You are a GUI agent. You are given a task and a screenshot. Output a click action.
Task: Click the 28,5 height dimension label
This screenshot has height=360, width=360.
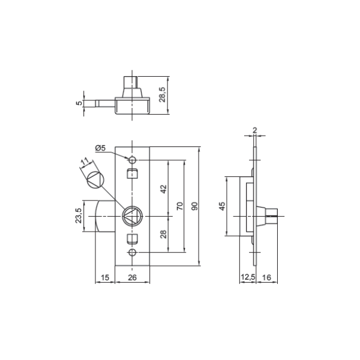[163, 94]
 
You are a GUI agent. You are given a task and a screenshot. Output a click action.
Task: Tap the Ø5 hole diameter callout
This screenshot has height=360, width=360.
[100, 148]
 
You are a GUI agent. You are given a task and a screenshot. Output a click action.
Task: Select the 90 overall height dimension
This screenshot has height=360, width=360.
[194, 206]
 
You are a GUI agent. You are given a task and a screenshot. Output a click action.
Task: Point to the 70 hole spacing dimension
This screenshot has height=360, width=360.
[180, 206]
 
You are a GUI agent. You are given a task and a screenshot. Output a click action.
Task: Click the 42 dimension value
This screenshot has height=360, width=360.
[163, 189]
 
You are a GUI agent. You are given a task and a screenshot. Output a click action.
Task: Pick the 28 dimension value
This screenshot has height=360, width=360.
[163, 235]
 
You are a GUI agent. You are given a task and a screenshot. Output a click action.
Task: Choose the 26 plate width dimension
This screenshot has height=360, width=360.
[132, 278]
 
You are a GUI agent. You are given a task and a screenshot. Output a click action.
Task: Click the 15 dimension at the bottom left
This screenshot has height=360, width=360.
[105, 278]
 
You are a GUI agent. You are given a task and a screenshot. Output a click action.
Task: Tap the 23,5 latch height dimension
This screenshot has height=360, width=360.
[79, 215]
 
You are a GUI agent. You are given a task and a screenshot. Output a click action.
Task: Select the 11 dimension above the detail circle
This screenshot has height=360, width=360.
[85, 162]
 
